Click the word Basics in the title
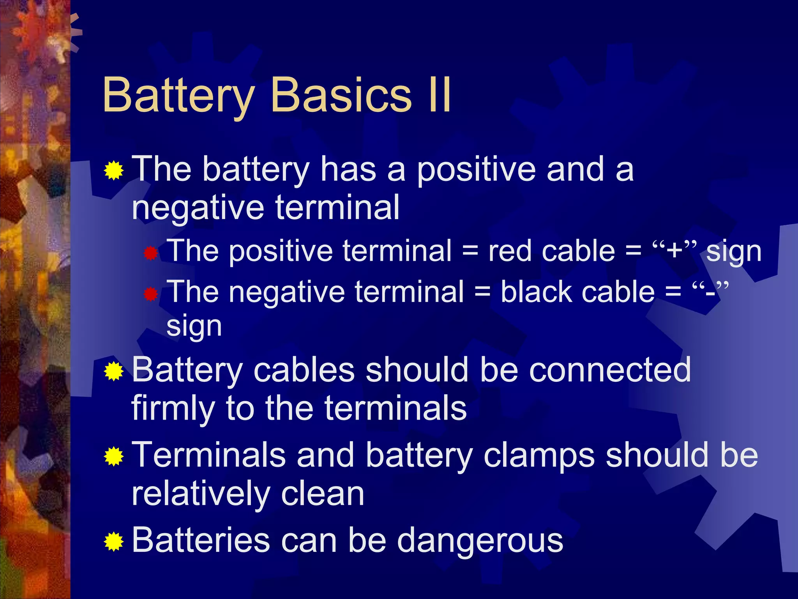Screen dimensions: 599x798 341,94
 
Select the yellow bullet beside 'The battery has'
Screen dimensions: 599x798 114,170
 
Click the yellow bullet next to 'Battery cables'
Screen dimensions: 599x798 114,371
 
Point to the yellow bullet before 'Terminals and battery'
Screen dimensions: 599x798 114,456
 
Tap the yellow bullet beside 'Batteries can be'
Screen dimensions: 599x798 114,541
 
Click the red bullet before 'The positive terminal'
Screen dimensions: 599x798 150,254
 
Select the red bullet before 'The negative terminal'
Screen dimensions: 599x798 150,294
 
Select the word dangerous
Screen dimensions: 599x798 480,541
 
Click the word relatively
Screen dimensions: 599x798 201,494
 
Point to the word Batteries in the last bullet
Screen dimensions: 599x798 201,541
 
